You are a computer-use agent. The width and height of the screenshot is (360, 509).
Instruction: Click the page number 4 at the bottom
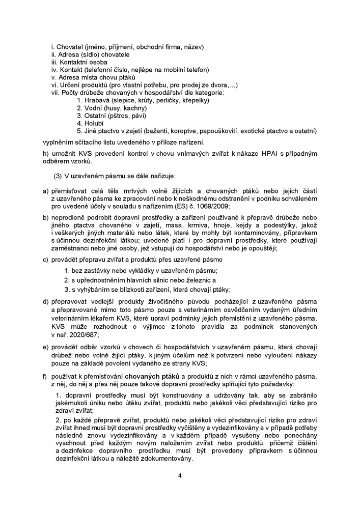click(180, 476)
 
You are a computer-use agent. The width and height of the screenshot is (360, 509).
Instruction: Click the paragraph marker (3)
click(58, 176)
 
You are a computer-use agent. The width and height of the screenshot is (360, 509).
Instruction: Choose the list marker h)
click(46, 154)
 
